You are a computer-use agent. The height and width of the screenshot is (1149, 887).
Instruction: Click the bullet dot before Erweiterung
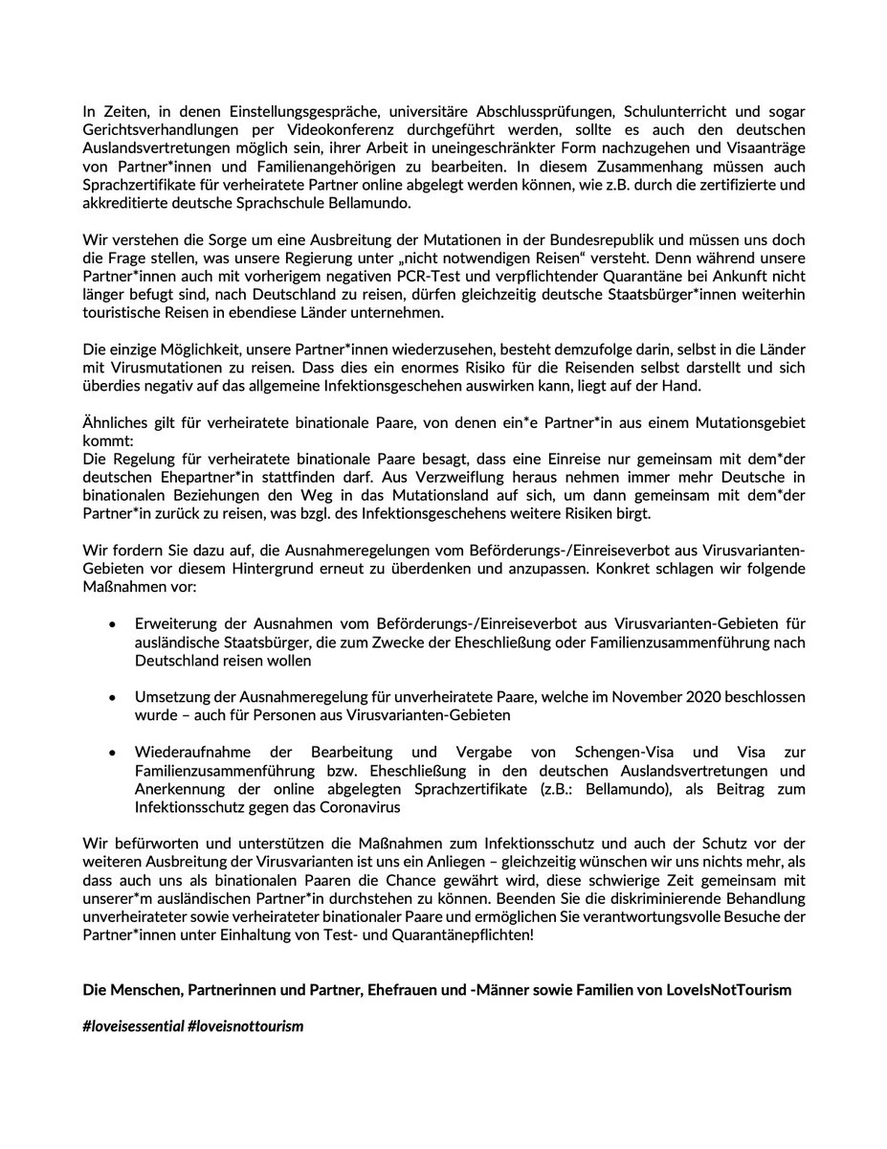click(114, 623)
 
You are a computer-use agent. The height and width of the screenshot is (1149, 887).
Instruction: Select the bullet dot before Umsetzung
click(114, 696)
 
